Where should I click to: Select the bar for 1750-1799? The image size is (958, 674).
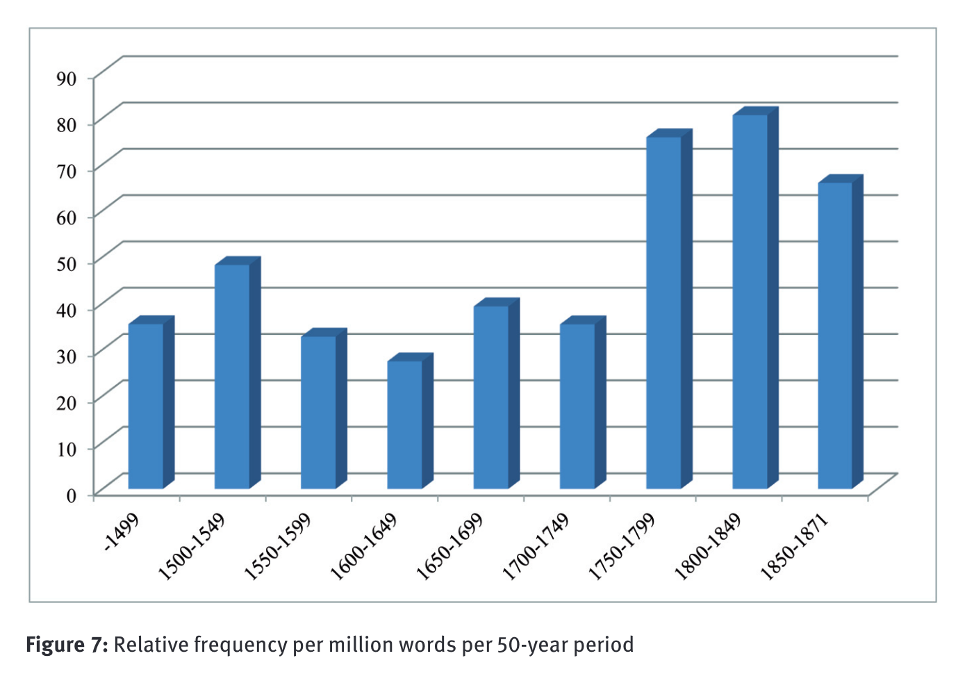(664, 312)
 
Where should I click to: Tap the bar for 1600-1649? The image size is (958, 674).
(405, 424)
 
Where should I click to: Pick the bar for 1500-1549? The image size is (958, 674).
(232, 376)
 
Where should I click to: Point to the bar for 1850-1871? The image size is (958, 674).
(836, 335)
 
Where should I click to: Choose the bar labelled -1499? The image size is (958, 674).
(146, 406)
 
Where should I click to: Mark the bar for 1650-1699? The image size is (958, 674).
(491, 397)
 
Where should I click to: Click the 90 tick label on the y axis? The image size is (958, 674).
(67, 78)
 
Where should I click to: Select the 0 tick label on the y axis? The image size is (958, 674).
(71, 495)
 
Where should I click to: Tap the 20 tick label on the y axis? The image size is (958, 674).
(67, 402)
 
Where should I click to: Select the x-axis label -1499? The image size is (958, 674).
(122, 532)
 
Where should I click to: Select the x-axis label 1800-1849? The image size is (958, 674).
(709, 546)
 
